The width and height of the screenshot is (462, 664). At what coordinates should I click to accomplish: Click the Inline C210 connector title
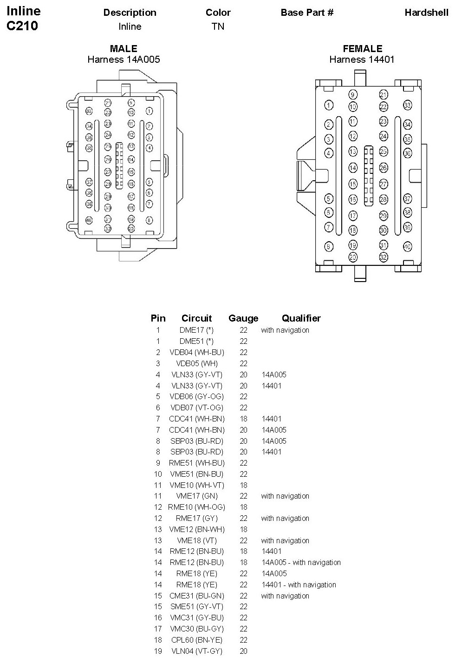pyautogui.click(x=23, y=19)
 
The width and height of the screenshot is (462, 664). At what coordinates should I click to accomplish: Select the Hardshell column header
pyautogui.click(x=426, y=13)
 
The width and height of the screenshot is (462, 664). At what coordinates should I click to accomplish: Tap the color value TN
pyautogui.click(x=218, y=26)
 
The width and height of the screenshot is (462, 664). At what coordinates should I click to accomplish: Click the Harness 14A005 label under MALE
pyautogui.click(x=124, y=59)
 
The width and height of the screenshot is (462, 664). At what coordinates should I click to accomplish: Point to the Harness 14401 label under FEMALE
pyautogui.click(x=362, y=59)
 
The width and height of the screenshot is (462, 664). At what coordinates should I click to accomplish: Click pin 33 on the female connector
pyautogui.click(x=407, y=105)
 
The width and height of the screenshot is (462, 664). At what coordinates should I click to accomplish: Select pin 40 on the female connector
pyautogui.click(x=407, y=246)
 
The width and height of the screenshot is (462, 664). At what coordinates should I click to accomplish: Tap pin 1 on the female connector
pyautogui.click(x=329, y=105)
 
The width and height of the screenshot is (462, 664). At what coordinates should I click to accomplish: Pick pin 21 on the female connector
pyautogui.click(x=383, y=95)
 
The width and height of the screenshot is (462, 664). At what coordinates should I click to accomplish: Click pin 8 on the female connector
pyautogui.click(x=329, y=247)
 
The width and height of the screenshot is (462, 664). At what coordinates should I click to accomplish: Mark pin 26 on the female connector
pyautogui.click(x=383, y=167)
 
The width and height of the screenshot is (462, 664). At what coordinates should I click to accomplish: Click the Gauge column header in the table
pyautogui.click(x=243, y=318)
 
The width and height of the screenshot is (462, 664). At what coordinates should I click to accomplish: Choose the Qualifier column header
pyautogui.click(x=301, y=318)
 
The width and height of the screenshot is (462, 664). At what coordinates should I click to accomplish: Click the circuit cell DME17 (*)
pyautogui.click(x=196, y=330)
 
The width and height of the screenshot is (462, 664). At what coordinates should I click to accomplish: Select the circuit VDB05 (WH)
pyautogui.click(x=196, y=363)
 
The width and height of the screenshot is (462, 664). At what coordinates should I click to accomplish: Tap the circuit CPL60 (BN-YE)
pyautogui.click(x=196, y=640)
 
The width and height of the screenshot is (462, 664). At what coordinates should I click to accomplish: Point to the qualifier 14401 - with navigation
pyautogui.click(x=299, y=585)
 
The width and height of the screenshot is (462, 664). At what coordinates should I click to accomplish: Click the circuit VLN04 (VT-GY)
pyautogui.click(x=196, y=651)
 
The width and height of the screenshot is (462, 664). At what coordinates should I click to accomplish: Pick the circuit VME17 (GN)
pyautogui.click(x=196, y=496)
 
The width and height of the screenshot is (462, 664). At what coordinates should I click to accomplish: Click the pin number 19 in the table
pyautogui.click(x=158, y=651)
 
